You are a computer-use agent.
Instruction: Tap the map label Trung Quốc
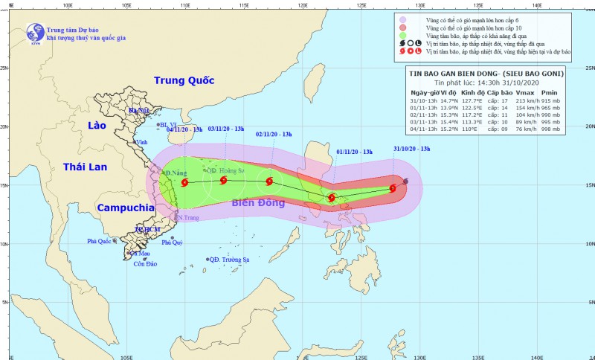point(184,80)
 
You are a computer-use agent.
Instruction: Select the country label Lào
point(97,126)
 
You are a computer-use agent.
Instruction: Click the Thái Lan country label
point(88,167)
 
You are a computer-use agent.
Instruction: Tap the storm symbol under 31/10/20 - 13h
point(393,188)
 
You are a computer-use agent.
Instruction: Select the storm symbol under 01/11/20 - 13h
point(331,198)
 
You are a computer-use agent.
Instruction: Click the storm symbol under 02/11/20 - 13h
point(269,181)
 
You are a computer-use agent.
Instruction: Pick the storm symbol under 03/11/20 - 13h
point(223,180)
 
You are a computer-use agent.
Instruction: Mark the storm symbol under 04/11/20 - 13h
point(184,181)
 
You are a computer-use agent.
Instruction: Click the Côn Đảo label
point(145,264)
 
